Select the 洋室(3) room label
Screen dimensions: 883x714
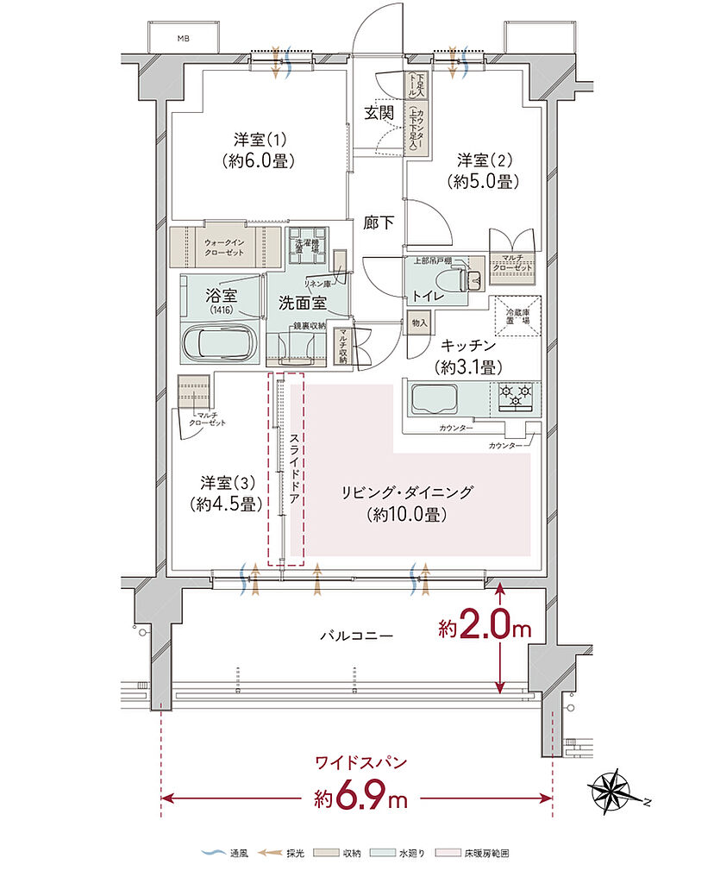228,492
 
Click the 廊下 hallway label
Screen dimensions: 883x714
379,222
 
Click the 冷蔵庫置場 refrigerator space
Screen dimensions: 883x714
517,316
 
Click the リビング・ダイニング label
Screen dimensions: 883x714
407,504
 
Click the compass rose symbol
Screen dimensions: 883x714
617,791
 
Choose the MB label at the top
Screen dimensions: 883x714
183,39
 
